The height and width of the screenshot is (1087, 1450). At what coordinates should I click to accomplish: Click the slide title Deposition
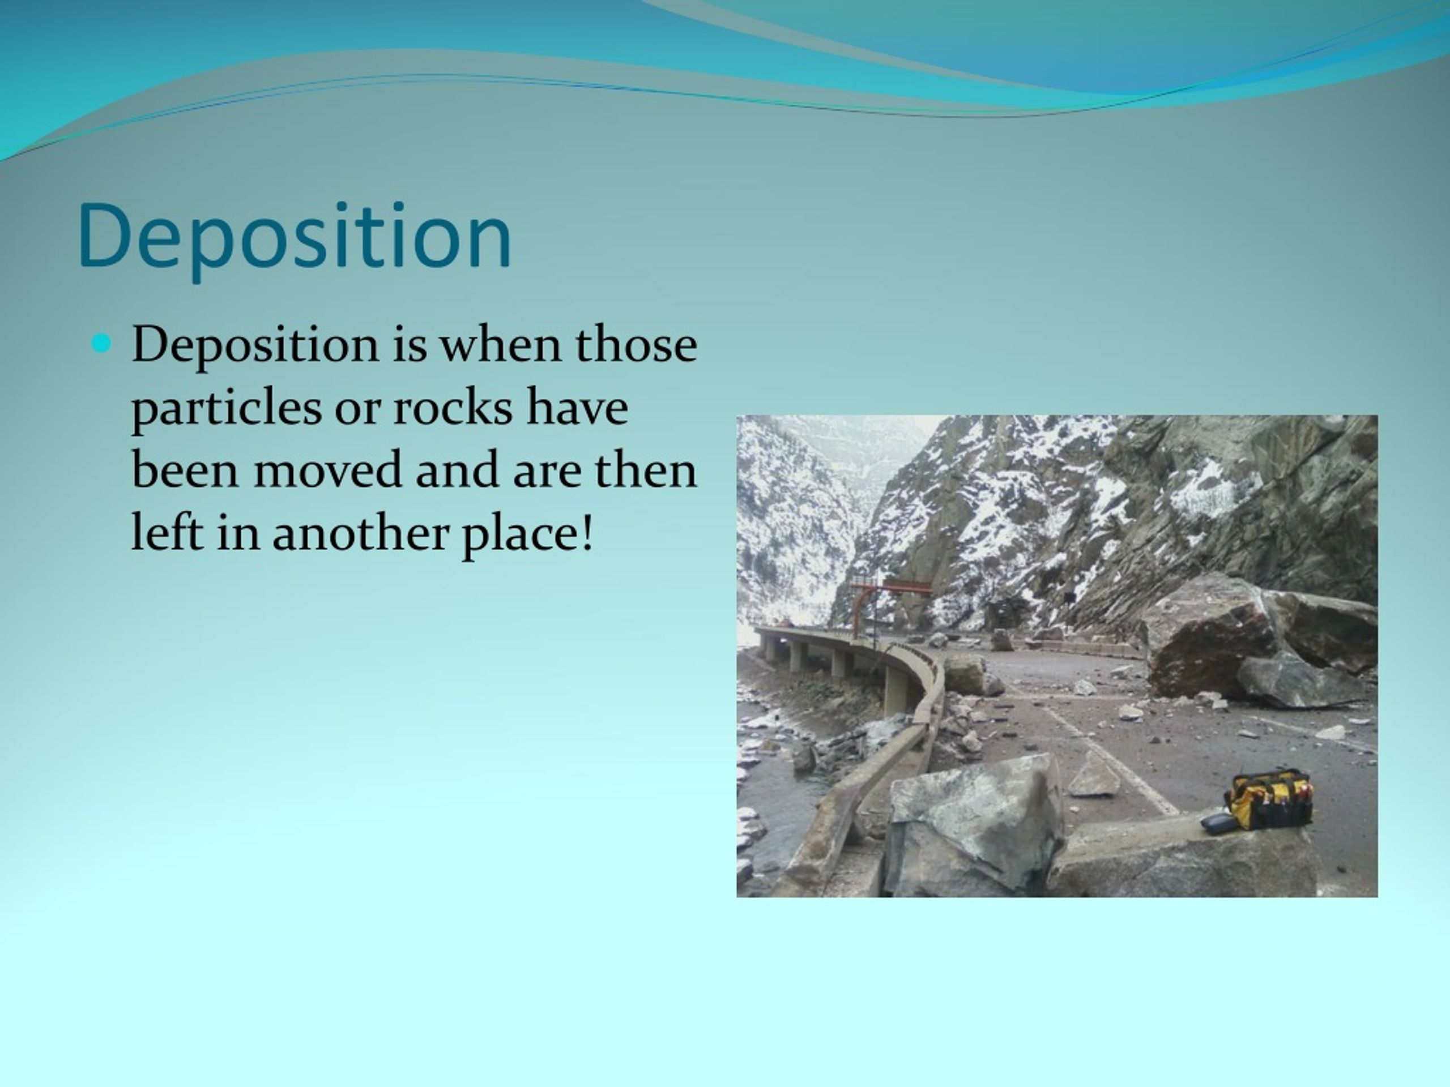[295, 237]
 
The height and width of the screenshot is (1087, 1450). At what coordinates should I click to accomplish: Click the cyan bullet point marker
[101, 343]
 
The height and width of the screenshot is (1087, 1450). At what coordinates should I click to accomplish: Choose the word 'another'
[359, 533]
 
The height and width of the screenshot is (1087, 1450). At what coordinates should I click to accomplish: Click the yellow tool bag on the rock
[1269, 799]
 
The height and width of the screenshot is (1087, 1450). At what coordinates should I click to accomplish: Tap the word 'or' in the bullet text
[358, 413]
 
